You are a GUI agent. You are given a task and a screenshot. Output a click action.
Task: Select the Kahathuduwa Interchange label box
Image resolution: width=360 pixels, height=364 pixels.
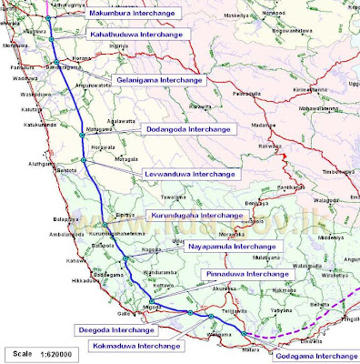pyautogui.click(x=136, y=34)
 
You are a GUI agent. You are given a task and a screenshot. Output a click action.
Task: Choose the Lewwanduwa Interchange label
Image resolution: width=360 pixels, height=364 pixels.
pyautogui.click(x=191, y=173)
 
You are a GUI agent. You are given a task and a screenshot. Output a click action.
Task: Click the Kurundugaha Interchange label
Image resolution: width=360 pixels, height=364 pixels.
pyautogui.click(x=196, y=216)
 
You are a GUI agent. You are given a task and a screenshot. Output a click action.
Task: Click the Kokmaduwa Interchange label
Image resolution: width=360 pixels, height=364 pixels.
pyautogui.click(x=137, y=346)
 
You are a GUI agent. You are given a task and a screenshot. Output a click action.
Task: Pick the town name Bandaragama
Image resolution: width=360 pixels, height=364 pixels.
pyautogui.click(x=64, y=67)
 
